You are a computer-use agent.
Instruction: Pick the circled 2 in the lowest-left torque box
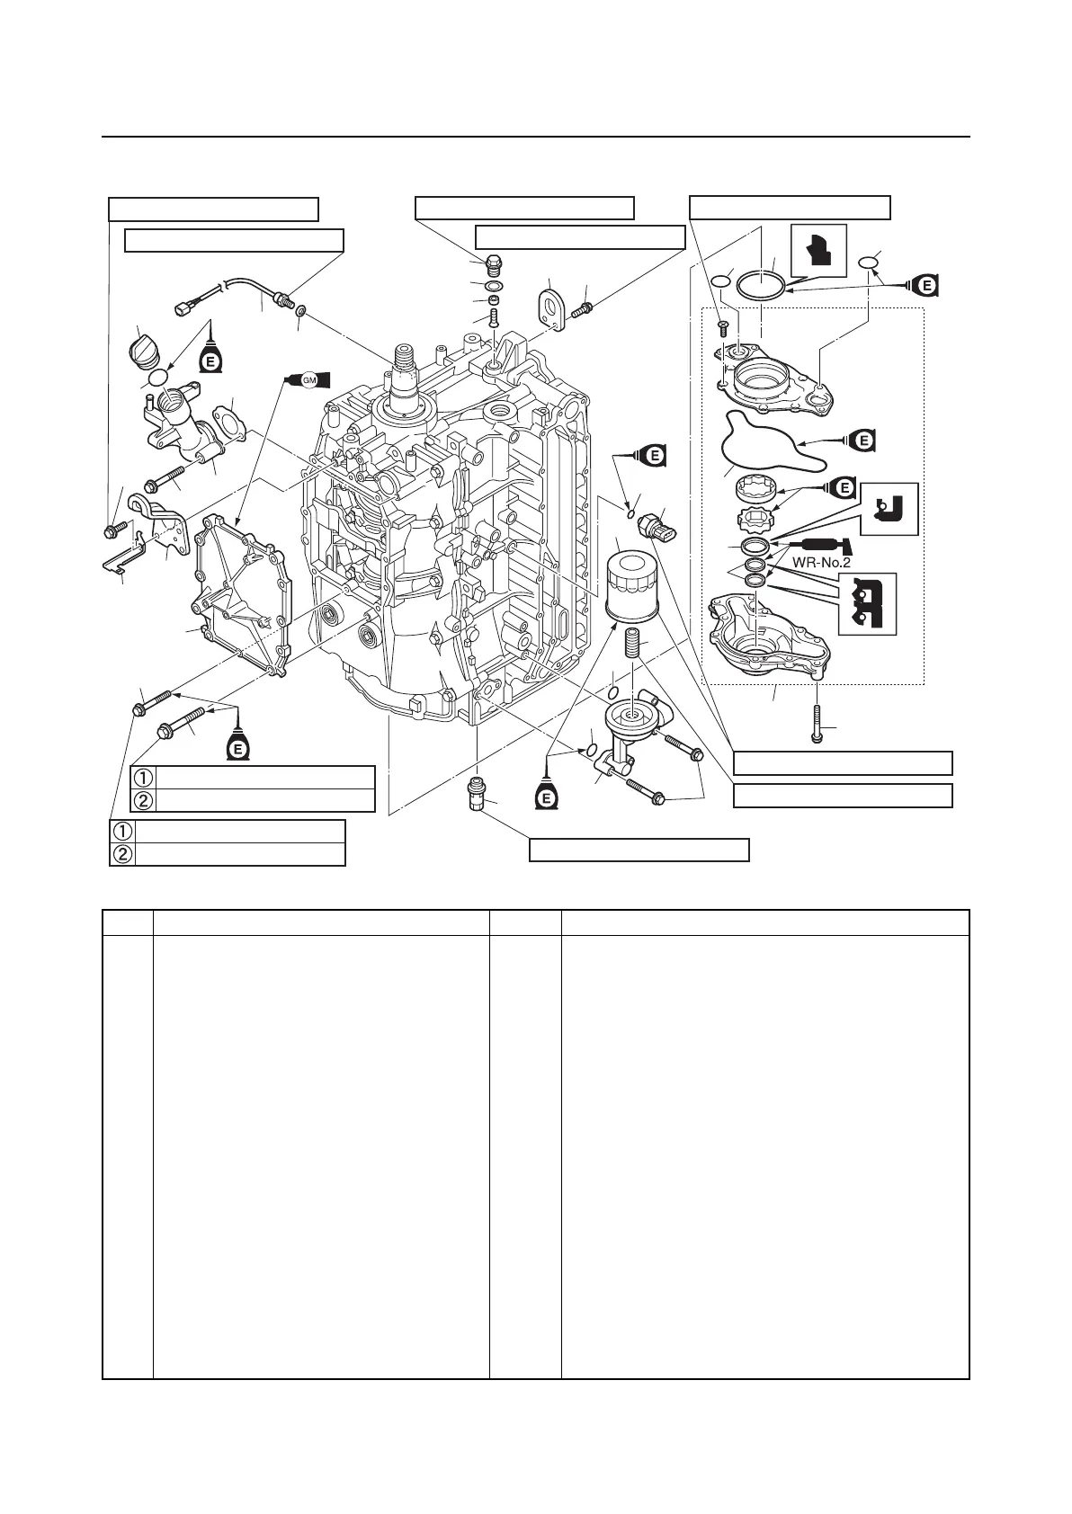tap(121, 854)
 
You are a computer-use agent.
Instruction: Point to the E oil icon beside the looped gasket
tap(862, 441)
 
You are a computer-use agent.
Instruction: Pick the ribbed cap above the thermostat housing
tap(147, 346)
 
